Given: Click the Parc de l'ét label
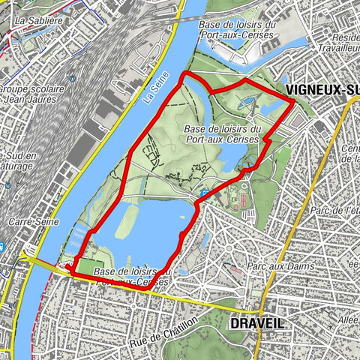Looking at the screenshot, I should [x=338, y=211].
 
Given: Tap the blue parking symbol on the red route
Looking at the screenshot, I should [x=205, y=195].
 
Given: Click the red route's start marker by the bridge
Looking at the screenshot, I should [x=67, y=266].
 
